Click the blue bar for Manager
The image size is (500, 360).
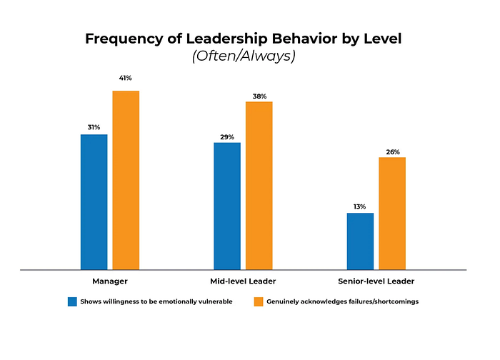pyautogui.click(x=94, y=201)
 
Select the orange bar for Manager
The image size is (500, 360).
pyautogui.click(x=126, y=180)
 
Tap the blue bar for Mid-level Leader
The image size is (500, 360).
pyautogui.click(x=227, y=206)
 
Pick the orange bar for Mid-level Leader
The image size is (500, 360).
pyautogui.click(x=259, y=186)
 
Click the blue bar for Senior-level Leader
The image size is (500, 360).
pyautogui.click(x=360, y=241)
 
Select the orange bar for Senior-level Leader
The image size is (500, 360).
pyautogui.click(x=392, y=213)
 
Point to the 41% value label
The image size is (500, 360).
pyautogui.click(x=126, y=77)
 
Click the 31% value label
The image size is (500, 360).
pyautogui.click(x=94, y=127)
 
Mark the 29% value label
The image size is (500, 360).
pyautogui.click(x=227, y=136)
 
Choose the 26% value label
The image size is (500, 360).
pyautogui.click(x=392, y=151)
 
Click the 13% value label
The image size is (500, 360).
pyautogui.click(x=360, y=206)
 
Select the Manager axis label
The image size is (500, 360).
pyautogui.click(x=110, y=281)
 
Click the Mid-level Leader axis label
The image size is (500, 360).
pyautogui.click(x=243, y=281)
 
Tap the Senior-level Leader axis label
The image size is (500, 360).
pyautogui.click(x=376, y=281)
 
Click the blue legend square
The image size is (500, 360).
pyautogui.click(x=71, y=301)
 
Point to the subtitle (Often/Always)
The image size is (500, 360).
pyautogui.click(x=243, y=56)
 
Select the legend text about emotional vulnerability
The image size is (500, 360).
pyautogui.click(x=156, y=301)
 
